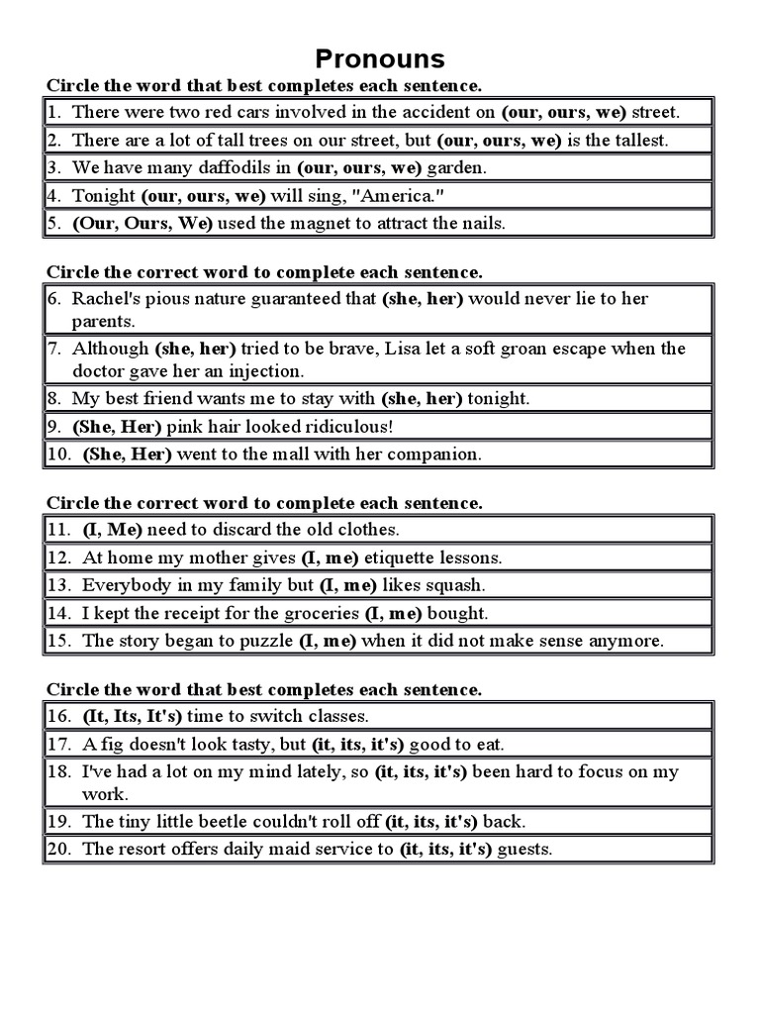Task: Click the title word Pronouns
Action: point(380,57)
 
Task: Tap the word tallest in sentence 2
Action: point(639,140)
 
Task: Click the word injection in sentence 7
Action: point(267,371)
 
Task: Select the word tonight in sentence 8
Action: point(499,399)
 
